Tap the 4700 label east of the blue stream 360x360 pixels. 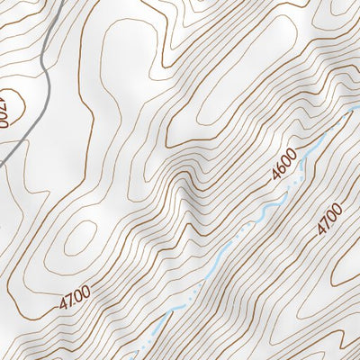pyautogui.click(x=329, y=220)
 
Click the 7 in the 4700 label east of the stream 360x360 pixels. pyautogui.click(x=325, y=224)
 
